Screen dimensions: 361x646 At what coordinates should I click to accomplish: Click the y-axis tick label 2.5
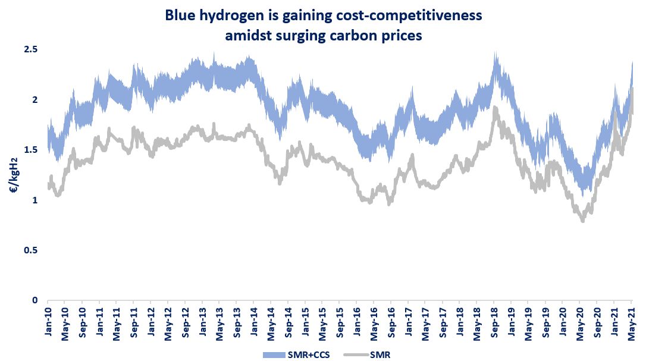(30, 49)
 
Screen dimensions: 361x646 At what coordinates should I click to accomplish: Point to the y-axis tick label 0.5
(30, 250)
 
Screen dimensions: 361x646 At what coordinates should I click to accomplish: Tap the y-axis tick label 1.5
(30, 150)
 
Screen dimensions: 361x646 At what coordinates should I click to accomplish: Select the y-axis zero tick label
(35, 301)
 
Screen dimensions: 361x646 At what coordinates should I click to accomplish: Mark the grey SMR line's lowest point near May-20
(582, 221)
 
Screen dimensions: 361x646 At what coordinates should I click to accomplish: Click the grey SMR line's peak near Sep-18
(495, 108)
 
